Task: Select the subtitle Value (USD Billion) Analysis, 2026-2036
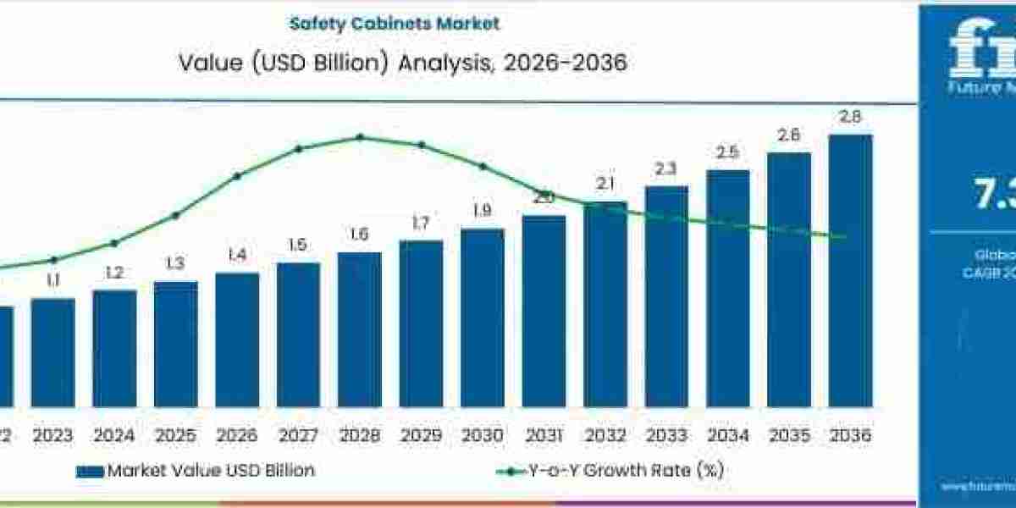(404, 63)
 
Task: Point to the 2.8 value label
(850, 117)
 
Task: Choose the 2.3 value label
(666, 168)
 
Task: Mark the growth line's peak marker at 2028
(360, 137)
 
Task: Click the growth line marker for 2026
(237, 176)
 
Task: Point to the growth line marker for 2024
(114, 243)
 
